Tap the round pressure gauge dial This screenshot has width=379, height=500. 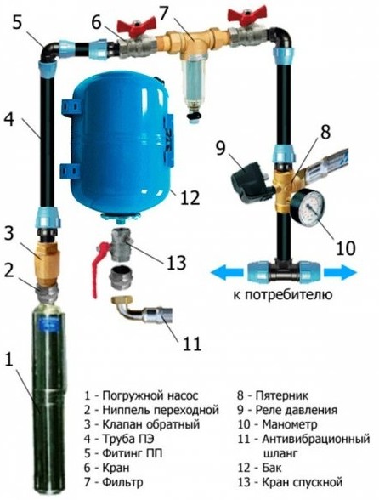pos(307,207)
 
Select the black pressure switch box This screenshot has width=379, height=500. pos(252,182)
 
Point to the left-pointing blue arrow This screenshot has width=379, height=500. pos(227,274)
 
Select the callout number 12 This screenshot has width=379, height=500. pos(189,198)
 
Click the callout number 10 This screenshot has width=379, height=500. pos(345,248)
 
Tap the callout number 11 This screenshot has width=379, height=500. pos(191,344)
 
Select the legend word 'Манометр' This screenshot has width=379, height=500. pos(290,424)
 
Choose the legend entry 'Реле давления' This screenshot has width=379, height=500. pos(297,410)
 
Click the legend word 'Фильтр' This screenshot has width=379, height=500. pos(122,482)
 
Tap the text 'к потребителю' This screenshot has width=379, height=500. pos(283,294)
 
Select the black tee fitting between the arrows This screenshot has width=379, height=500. pos(284,271)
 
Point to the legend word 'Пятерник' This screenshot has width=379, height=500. pos(282,395)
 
